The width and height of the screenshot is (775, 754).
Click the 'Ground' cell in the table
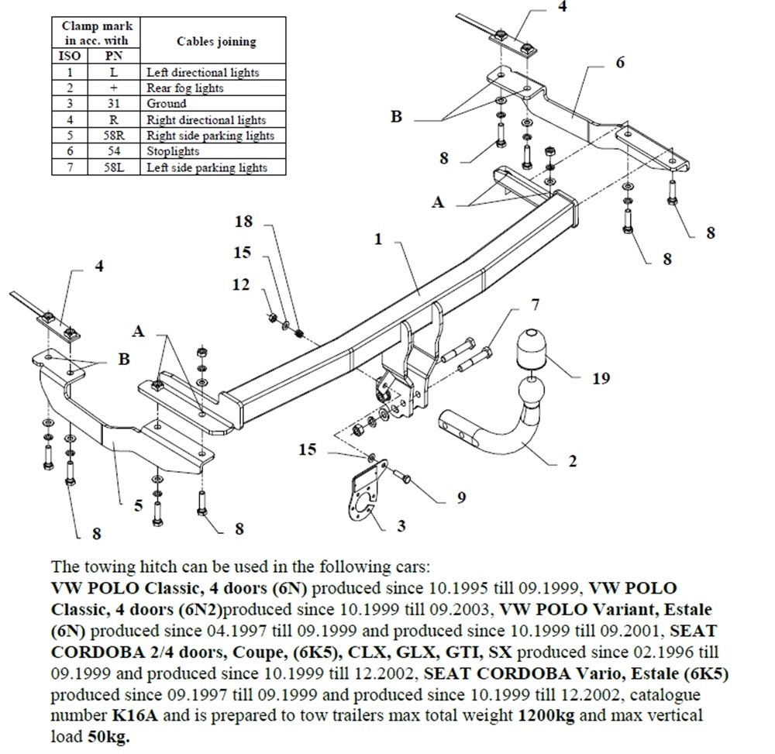coord(167,103)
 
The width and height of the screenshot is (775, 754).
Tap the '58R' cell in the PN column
coord(113,136)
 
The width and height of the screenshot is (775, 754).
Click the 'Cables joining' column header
coord(216,41)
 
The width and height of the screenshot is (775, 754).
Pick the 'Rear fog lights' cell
coord(185,88)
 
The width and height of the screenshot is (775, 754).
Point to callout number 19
coord(601,378)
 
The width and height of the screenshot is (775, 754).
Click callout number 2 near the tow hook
coord(572,461)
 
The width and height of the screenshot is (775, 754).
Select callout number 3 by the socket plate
coord(401,526)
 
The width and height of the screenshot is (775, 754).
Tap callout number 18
coord(243,222)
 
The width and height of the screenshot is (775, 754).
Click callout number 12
coord(241,284)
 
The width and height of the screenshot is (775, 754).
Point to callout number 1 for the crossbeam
coord(378,239)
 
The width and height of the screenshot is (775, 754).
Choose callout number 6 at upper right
coord(620,62)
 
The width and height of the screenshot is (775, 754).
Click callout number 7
coord(535,305)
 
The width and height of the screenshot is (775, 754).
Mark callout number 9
coord(461,498)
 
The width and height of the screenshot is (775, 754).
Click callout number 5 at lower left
coord(138,506)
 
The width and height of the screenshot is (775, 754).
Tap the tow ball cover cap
coord(532,350)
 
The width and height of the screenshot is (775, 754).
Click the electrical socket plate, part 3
coord(360,497)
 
